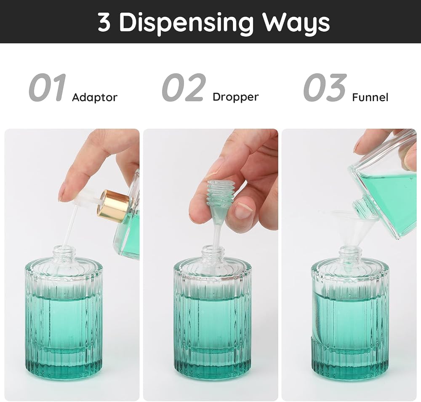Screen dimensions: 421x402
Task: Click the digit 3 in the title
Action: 104,22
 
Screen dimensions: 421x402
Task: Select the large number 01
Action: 47,88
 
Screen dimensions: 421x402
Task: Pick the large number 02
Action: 184,88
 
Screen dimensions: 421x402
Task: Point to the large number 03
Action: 325,88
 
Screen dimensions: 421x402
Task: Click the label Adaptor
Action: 94,97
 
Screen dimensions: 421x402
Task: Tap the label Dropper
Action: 235,97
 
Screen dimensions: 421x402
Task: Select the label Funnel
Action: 370,97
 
